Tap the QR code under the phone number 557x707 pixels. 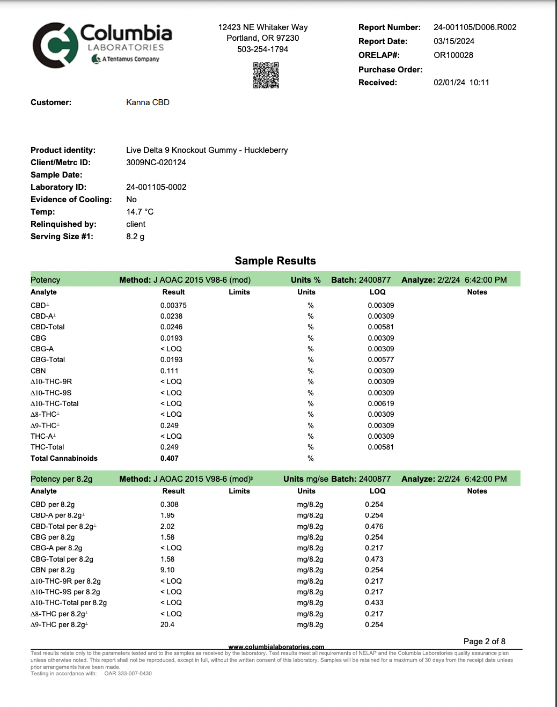(266, 75)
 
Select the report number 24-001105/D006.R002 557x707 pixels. (475, 27)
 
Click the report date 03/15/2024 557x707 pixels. (454, 41)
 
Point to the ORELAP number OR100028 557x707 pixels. (453, 55)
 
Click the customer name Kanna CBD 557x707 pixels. (148, 102)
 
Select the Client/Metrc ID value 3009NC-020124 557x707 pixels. (156, 163)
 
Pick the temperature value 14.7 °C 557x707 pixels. (140, 212)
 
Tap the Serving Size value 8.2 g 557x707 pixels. (135, 237)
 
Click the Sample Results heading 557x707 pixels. (275, 261)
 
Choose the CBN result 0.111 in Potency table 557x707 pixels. (169, 371)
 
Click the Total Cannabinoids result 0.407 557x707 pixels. (169, 459)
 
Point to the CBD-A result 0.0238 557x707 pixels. (171, 316)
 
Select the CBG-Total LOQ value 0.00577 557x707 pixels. (380, 360)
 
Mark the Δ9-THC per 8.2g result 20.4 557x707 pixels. (167, 625)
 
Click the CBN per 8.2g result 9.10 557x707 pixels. (167, 570)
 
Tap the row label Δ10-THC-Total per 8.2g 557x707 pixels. (69, 603)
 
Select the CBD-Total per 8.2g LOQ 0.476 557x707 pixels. (374, 527)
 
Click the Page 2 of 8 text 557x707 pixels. (484, 642)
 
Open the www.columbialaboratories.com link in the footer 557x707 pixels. (276, 647)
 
